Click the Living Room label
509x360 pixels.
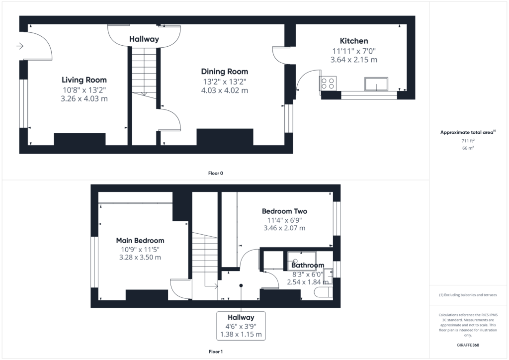click(x=84, y=80)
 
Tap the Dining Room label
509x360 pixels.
click(x=224, y=72)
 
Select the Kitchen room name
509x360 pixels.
click(x=354, y=41)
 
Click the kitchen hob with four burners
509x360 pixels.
click(x=328, y=83)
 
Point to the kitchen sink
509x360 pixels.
click(x=376, y=84)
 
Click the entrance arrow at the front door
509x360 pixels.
click(x=20, y=46)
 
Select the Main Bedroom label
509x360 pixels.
click(x=140, y=241)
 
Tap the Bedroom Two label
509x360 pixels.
click(x=284, y=211)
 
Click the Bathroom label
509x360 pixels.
click(x=307, y=265)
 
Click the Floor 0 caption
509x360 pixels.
click(x=216, y=174)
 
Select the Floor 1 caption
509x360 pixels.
click(x=216, y=352)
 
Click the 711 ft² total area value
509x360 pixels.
click(x=468, y=141)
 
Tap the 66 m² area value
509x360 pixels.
click(x=468, y=148)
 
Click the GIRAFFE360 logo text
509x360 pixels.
click(x=468, y=345)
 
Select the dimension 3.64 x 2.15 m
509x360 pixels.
click(x=354, y=60)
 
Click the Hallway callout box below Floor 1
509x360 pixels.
click(x=241, y=326)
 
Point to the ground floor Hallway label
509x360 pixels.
click(x=144, y=39)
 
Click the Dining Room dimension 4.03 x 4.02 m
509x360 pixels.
click(x=224, y=90)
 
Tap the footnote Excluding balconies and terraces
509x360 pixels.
click(x=468, y=295)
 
